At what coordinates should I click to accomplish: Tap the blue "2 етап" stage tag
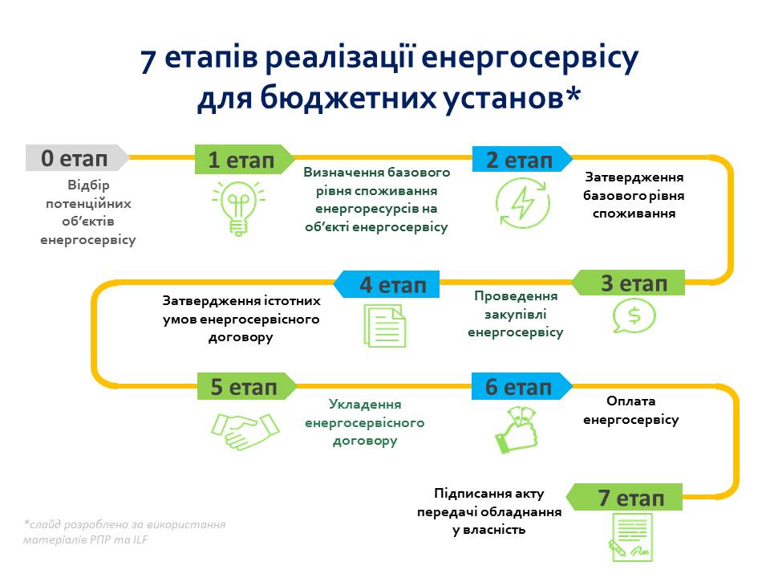pyautogui.click(x=520, y=159)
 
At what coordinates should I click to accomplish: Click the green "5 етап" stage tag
pyautogui.click(x=244, y=386)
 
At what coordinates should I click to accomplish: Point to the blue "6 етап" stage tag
pyautogui.click(x=520, y=386)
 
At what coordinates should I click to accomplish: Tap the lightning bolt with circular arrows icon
pyautogui.click(x=521, y=203)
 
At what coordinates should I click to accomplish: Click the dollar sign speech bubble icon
pyautogui.click(x=634, y=315)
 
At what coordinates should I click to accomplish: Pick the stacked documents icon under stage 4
pyautogui.click(x=384, y=324)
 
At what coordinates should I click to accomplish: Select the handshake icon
pyautogui.click(x=245, y=431)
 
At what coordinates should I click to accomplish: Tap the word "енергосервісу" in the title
pyautogui.click(x=529, y=60)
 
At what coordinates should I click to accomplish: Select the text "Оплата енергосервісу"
pyautogui.click(x=630, y=410)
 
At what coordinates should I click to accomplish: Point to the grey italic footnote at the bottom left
pyautogui.click(x=124, y=532)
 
